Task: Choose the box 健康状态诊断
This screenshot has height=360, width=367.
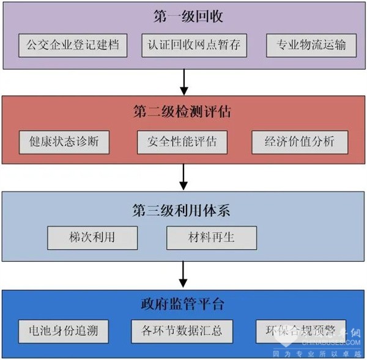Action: (x=64, y=142)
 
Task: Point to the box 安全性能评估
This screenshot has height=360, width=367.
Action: (x=182, y=142)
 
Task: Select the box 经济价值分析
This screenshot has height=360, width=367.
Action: (x=300, y=142)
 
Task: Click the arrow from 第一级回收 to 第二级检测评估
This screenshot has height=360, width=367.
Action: (x=183, y=81)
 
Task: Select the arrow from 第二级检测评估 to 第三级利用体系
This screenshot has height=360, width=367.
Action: (x=183, y=177)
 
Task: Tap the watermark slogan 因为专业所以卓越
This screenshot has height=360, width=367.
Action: (x=324, y=353)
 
